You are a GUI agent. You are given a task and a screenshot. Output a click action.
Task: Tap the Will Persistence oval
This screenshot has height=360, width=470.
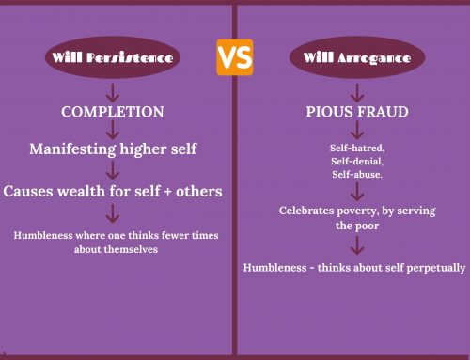pos(113,57)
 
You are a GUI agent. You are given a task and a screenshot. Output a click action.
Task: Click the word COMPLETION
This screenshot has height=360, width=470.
pos(113,112)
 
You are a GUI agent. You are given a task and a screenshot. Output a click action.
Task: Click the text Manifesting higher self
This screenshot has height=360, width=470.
pos(113,149)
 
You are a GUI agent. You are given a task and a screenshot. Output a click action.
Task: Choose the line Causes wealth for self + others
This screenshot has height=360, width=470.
pos(113,191)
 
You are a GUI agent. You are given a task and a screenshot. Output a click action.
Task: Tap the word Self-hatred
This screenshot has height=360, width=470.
pos(351,148)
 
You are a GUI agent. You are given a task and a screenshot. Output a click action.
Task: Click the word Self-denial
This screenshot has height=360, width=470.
pos(351,161)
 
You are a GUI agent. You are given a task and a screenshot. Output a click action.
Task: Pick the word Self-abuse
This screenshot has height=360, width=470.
pos(351,174)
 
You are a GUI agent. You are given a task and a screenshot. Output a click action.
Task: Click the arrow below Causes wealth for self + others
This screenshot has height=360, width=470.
pos(113,212)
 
